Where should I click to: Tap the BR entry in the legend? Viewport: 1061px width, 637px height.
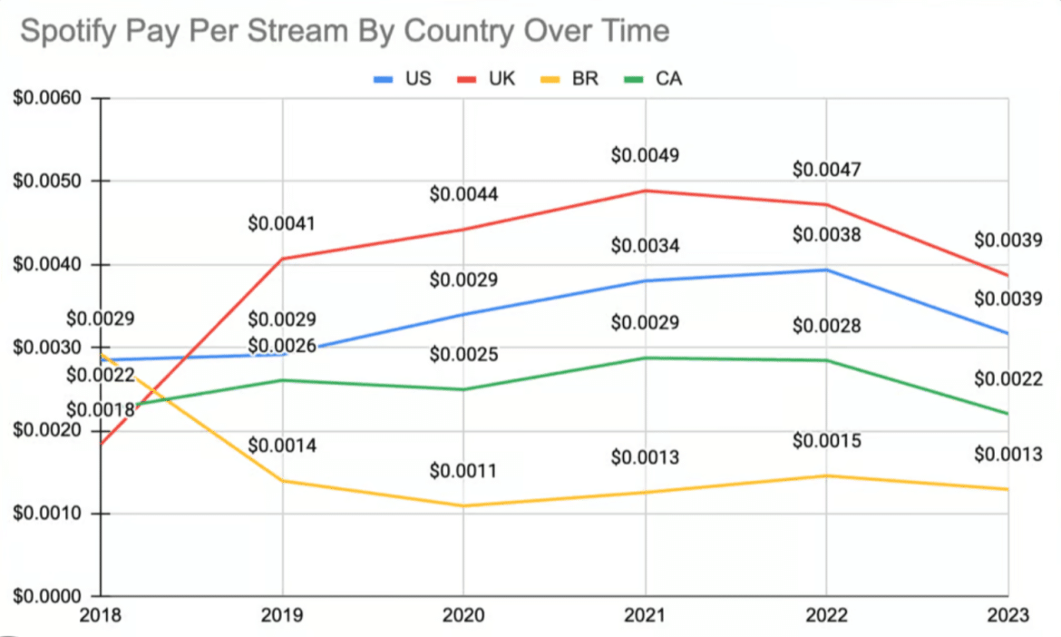(x=574, y=79)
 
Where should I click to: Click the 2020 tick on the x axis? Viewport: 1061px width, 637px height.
(x=463, y=616)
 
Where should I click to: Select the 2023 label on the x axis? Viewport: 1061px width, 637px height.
(x=1009, y=616)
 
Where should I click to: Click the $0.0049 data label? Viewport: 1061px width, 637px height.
(x=645, y=155)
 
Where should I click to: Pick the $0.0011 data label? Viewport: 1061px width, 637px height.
(x=463, y=472)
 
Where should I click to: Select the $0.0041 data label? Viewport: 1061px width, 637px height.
(x=282, y=223)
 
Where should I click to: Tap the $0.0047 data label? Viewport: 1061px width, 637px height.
(x=826, y=170)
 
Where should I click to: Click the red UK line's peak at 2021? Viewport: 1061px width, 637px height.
(x=646, y=191)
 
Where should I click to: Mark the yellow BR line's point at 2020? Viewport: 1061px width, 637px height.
(x=464, y=506)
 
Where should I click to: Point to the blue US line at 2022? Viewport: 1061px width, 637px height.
(x=827, y=269)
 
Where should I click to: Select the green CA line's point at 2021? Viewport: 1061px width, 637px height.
(x=646, y=358)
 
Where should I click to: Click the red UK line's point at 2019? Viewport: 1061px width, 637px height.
(x=283, y=259)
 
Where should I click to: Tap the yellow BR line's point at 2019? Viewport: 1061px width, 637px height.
(x=283, y=481)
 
